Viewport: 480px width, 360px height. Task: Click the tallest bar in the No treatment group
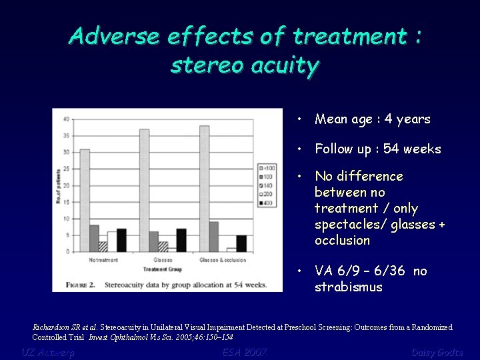(x=85, y=200)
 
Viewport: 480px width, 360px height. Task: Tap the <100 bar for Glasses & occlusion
(x=204, y=189)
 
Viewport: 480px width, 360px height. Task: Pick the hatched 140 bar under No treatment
(x=103, y=246)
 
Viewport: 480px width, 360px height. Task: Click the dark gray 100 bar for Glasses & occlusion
(x=213, y=237)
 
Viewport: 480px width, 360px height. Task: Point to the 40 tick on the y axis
(x=65, y=119)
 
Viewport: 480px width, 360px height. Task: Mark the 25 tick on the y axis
(x=65, y=169)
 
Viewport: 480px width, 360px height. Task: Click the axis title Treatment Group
(x=163, y=269)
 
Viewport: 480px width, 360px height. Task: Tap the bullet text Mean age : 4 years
(x=373, y=119)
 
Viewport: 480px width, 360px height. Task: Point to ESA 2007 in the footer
(x=245, y=352)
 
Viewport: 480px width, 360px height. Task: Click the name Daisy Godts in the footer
(x=437, y=352)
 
